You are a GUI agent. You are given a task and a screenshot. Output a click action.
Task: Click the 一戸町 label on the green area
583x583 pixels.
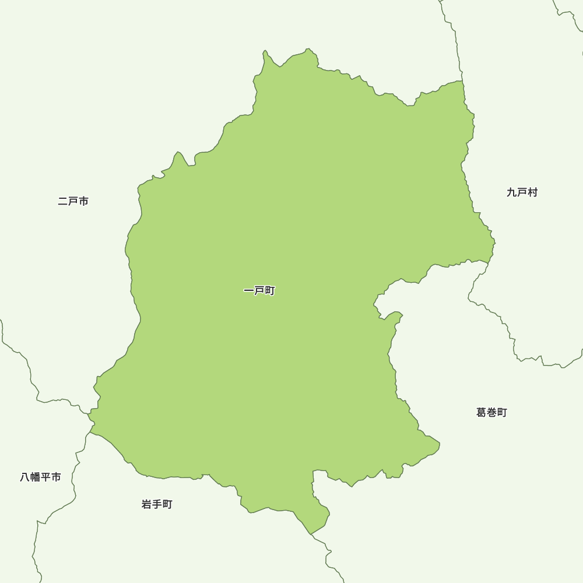coord(259,290)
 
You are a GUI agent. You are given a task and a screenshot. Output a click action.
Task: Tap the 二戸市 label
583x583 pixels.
coord(73,201)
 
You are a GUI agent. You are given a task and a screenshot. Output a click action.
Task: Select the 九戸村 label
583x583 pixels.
coord(522,192)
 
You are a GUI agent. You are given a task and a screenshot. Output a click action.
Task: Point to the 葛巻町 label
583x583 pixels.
coord(491,413)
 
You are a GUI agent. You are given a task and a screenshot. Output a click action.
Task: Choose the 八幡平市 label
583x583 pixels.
coord(40,477)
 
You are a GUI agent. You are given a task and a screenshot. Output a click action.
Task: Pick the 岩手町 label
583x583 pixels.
coord(157,504)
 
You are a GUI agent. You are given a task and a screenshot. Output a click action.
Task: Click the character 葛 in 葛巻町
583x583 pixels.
coord(482,413)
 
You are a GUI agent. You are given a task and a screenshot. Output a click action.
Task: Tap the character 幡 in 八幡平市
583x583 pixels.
coord(35,477)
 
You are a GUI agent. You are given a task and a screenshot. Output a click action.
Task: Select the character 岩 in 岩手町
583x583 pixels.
coord(147,504)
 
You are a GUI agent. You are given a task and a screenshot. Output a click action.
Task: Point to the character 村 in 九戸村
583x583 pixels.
coord(532,192)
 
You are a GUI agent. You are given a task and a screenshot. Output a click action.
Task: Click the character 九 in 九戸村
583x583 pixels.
coord(512,192)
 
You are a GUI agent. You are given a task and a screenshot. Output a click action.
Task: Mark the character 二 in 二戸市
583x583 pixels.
coord(63,201)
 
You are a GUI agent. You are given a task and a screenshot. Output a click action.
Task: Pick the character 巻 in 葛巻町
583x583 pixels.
coord(491,413)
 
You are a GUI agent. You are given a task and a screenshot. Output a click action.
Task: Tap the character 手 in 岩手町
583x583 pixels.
coord(157,504)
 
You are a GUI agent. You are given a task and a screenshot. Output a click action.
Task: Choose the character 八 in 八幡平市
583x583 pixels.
coord(25,477)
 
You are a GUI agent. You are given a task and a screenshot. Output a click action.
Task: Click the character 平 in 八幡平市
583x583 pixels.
coord(45,477)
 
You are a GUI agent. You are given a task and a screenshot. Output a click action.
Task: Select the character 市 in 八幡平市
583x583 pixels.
coord(56,477)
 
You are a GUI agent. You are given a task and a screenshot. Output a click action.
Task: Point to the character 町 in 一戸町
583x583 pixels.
coord(269,290)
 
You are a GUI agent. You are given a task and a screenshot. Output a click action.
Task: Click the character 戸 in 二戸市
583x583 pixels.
coord(73,201)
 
